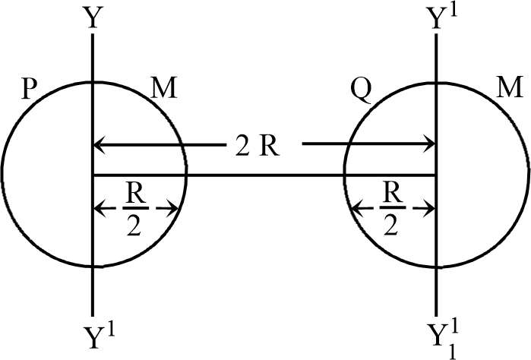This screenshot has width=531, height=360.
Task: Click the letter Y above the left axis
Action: click(x=92, y=17)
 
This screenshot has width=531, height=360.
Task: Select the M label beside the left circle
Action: click(x=163, y=91)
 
